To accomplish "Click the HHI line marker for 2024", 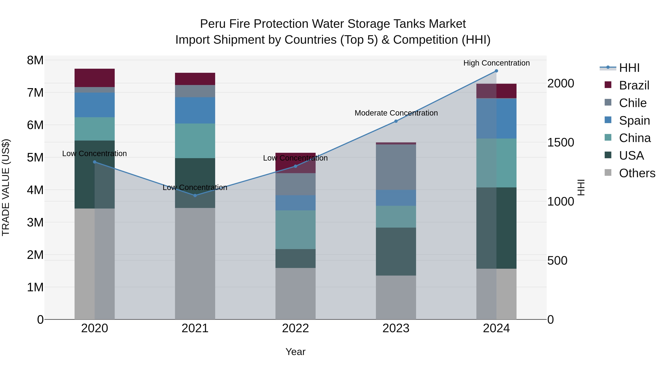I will pyautogui.click(x=496, y=71).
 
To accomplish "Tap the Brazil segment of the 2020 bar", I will pyautogui.click(x=94, y=78).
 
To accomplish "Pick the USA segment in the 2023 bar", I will pyautogui.click(x=396, y=251).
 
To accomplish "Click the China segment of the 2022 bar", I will pyautogui.click(x=295, y=230).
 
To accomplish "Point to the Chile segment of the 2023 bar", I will pyautogui.click(x=396, y=167).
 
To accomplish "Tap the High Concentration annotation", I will pyautogui.click(x=496, y=63).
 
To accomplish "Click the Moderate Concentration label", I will pyautogui.click(x=396, y=113).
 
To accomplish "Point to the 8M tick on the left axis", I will pyautogui.click(x=35, y=60).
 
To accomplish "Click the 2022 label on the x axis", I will pyautogui.click(x=295, y=328).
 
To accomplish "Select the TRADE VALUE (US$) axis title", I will pyautogui.click(x=6, y=187).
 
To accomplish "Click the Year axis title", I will pyautogui.click(x=295, y=352).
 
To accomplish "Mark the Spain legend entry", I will pyautogui.click(x=634, y=121).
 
